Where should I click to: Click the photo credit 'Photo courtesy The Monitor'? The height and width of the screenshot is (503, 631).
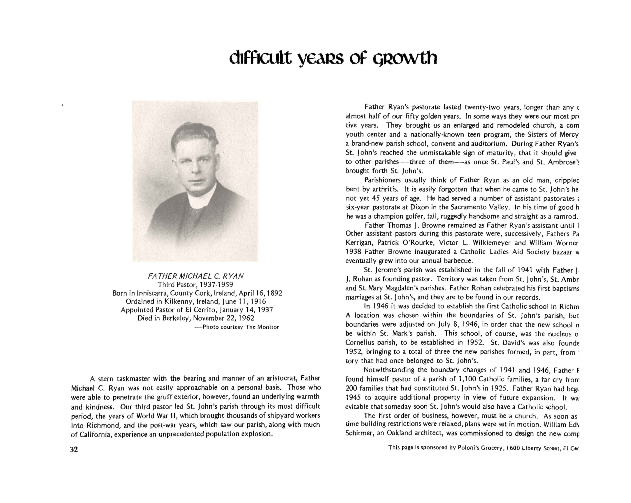click(241, 327)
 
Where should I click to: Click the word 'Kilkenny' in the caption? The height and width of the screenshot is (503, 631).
click(178, 301)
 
